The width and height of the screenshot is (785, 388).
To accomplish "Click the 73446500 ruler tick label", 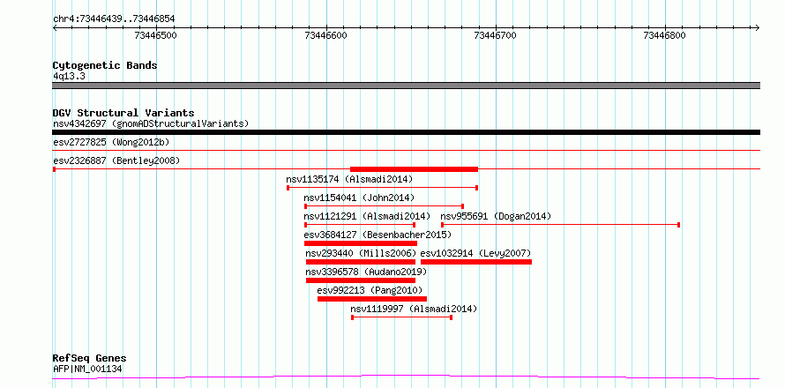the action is [x=157, y=35].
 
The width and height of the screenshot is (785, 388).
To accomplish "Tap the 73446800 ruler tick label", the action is [x=665, y=35].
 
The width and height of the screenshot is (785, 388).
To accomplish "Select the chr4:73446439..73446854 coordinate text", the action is [x=114, y=19].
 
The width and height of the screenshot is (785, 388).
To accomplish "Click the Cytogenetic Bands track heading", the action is [x=105, y=65].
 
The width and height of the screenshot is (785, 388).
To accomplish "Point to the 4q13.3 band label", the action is [x=70, y=76].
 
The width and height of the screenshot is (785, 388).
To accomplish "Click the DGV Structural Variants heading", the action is [x=123, y=113].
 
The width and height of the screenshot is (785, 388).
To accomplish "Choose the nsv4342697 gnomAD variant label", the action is [x=151, y=123].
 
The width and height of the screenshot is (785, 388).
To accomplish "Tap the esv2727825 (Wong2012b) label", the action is [x=111, y=143].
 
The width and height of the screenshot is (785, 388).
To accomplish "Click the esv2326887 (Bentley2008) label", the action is [x=116, y=161].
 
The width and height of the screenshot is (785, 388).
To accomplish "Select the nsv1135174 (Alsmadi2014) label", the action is [x=349, y=179].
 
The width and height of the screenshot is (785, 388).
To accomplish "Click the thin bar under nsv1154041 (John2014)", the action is [x=384, y=205].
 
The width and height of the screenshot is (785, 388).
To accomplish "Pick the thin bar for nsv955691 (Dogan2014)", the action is [x=560, y=224].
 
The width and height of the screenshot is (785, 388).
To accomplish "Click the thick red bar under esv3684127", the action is [x=361, y=243].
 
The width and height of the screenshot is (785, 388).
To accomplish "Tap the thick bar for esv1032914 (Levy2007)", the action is [x=476, y=262].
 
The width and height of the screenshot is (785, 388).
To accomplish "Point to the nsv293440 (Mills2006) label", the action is [x=361, y=253].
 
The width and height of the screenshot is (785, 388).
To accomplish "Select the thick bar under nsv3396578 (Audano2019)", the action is [x=361, y=280].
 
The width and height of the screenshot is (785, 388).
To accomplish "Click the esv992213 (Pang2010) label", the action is [x=370, y=290].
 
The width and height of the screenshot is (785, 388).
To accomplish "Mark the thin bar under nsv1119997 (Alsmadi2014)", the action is [x=402, y=317].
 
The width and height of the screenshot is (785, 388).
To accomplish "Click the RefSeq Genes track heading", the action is [x=90, y=359].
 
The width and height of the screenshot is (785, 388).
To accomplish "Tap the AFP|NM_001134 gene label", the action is [x=87, y=369].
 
